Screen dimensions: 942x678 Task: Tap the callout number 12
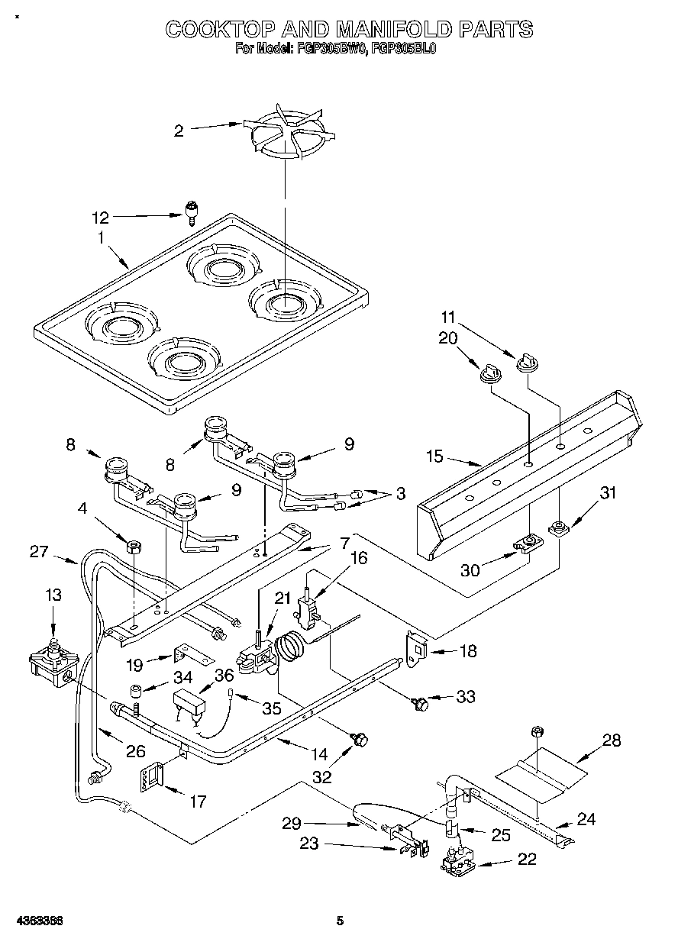[100, 218]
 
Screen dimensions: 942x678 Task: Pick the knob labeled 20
[488, 373]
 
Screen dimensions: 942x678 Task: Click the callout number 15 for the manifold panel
[434, 457]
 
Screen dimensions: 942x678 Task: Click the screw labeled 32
[360, 738]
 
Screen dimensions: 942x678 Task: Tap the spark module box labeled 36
[192, 700]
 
